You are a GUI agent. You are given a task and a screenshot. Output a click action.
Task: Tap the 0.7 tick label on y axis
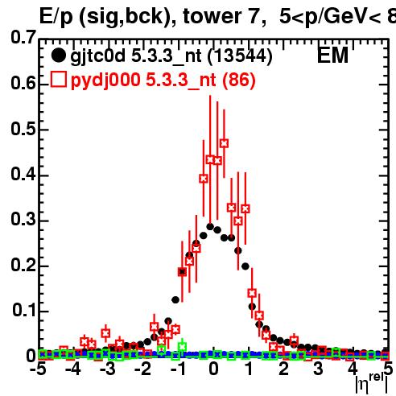[x=23, y=37]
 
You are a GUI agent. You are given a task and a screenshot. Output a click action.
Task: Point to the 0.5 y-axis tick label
[x=23, y=129]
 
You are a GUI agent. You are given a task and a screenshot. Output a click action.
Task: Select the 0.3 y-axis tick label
[x=23, y=219]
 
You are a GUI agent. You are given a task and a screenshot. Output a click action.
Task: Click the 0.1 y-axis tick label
[x=24, y=310]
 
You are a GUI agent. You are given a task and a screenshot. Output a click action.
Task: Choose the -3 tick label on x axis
[x=107, y=369]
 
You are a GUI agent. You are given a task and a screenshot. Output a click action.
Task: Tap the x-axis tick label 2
[x=283, y=369]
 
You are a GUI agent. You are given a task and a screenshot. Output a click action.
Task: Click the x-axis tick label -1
[x=177, y=369]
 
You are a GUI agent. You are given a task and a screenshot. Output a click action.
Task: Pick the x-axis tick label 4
[x=353, y=369]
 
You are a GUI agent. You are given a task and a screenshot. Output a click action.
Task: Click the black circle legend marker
[x=58, y=56]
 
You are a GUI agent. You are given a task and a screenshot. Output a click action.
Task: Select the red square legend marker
[x=59, y=80]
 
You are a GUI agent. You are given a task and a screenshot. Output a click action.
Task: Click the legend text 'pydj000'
[x=105, y=80]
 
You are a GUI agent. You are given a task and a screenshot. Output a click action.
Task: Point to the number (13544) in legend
[x=240, y=56]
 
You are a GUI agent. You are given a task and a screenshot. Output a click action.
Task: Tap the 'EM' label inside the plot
[x=332, y=56]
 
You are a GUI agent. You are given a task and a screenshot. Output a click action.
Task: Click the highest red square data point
[x=225, y=143]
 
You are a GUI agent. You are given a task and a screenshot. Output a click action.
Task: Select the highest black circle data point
[x=210, y=227]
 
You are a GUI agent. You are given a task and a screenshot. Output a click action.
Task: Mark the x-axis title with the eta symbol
[x=372, y=384]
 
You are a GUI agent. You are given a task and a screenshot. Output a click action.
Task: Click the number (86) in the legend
[x=239, y=80]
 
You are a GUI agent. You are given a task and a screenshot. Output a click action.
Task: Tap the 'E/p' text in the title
[x=56, y=17]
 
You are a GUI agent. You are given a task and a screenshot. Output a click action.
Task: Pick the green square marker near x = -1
[x=183, y=347]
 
